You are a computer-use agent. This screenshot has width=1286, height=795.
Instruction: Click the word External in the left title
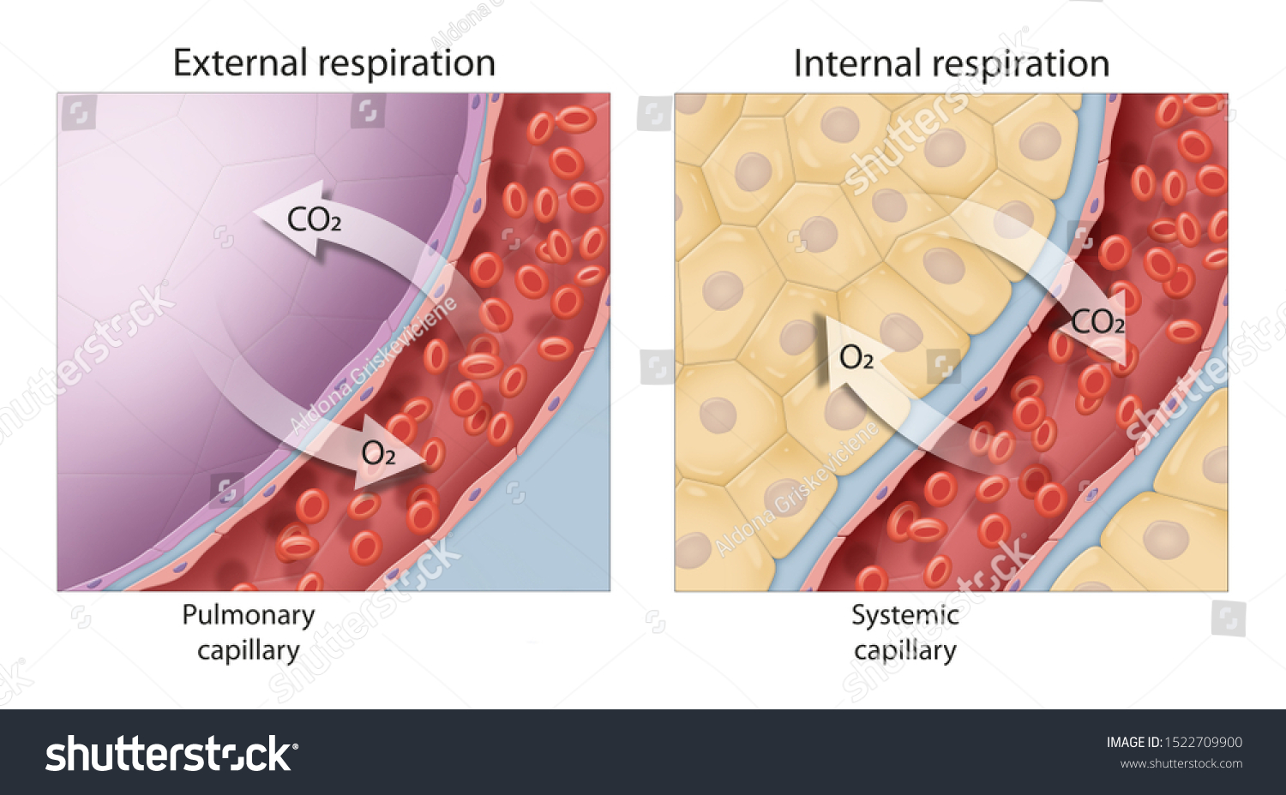240,63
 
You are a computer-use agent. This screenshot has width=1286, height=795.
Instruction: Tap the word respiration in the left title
406,64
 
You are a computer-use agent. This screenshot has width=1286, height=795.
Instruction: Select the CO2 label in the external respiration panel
314,220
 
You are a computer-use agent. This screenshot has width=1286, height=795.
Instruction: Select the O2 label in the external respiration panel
378,453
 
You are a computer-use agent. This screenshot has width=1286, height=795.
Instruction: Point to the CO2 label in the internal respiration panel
1097,323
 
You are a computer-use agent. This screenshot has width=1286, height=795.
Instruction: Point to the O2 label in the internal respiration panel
856,357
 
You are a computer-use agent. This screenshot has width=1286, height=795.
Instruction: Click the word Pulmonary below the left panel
249,615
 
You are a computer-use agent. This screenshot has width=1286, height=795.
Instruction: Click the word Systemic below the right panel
904,615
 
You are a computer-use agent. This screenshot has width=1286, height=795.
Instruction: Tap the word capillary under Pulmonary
249,651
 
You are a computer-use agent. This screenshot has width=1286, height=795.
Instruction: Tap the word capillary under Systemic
904,651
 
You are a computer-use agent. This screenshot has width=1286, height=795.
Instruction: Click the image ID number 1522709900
1203,743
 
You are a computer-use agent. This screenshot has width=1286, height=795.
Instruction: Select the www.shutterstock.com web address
1181,764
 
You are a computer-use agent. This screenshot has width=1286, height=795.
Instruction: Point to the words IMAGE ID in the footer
1133,743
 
